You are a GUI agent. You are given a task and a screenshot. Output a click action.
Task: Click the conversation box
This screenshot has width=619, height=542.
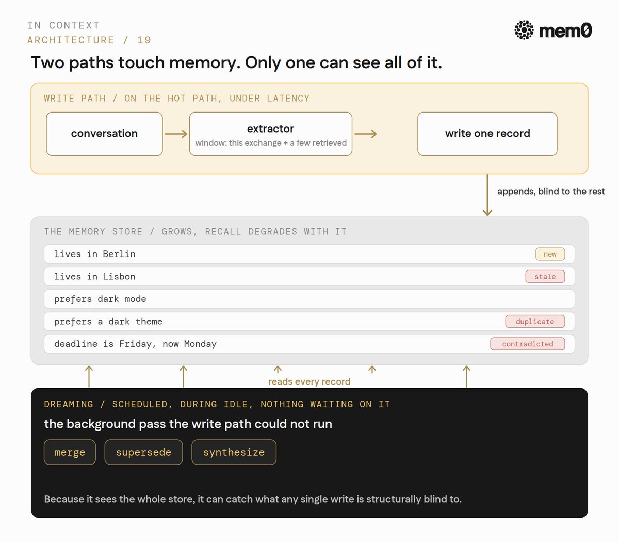[x=104, y=134]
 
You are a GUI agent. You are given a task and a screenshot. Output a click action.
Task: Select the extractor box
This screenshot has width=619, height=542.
[x=271, y=134]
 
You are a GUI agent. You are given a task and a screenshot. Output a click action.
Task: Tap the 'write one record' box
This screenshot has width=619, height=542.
[x=487, y=134]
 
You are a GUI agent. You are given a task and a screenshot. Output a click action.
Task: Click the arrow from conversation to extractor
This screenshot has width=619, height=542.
[x=176, y=134]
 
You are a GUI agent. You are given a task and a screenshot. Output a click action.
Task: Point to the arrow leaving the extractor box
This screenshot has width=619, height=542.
[x=366, y=134]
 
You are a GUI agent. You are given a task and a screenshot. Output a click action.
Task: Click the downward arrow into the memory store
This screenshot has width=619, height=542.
[x=487, y=195]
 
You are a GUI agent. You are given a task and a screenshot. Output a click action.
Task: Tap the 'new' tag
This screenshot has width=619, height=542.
[x=550, y=254]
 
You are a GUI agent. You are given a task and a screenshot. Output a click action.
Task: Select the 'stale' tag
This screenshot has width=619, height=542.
[x=545, y=277]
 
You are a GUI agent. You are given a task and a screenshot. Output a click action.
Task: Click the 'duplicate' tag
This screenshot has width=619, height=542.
[x=535, y=321]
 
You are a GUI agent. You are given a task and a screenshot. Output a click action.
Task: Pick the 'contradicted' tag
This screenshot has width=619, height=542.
[x=527, y=344]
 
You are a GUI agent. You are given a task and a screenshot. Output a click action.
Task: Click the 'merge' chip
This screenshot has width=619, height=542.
[x=70, y=452]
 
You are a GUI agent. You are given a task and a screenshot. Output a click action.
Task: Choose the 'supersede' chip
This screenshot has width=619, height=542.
[x=143, y=452]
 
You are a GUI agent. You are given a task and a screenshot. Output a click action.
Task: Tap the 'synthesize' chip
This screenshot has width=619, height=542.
[x=234, y=452]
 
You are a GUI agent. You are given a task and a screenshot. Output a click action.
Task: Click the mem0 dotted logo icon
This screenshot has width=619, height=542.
[x=524, y=30]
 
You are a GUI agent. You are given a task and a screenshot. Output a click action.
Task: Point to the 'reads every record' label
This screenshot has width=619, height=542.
[x=309, y=381]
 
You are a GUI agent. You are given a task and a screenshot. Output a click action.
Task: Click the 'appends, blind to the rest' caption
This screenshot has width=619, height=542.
[x=551, y=192]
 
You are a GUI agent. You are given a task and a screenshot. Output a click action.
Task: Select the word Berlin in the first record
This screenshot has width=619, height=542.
[x=119, y=254]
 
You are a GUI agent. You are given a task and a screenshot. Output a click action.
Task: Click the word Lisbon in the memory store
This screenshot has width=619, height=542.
[x=119, y=277]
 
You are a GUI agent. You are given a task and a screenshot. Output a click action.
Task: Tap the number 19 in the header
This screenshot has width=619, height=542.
[x=144, y=40]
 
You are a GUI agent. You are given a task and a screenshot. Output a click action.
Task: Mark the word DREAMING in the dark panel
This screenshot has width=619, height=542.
[x=69, y=404]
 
